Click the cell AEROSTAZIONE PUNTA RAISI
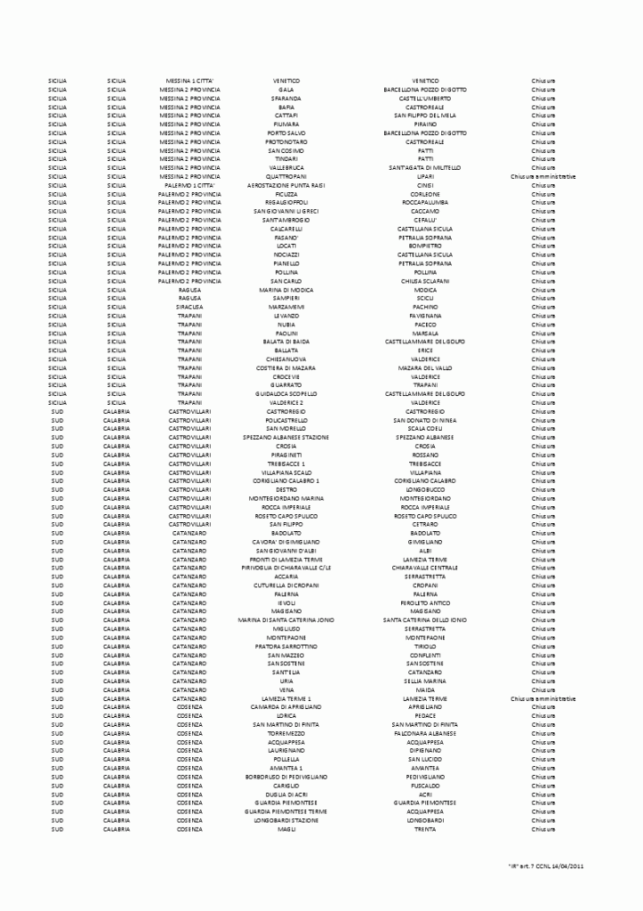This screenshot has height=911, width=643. [286, 185]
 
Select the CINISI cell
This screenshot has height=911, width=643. [424, 185]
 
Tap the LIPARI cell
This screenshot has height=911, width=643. [424, 176]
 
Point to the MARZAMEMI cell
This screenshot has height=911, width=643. [286, 307]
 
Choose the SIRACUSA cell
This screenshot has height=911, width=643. [189, 307]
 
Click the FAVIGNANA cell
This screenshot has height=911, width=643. [424, 316]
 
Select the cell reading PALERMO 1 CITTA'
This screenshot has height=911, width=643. [189, 185]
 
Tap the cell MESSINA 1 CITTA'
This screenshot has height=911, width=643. [189, 81]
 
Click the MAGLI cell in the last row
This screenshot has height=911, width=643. [286, 829]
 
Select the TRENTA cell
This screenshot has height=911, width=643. [424, 829]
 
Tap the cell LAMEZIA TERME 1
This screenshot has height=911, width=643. [286, 698]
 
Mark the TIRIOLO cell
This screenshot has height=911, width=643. [424, 647]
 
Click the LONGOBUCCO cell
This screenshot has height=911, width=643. [424, 489]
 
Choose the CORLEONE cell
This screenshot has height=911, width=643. [424, 194]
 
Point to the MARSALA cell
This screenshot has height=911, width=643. [424, 333]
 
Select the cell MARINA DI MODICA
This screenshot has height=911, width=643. [286, 290]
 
